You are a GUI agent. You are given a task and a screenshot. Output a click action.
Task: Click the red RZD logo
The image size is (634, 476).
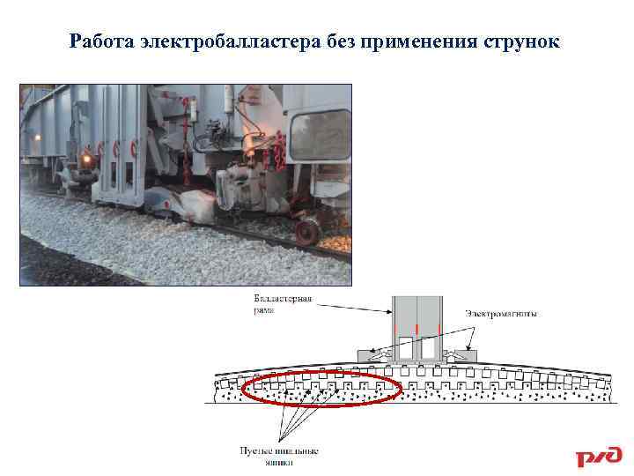tap(599, 457)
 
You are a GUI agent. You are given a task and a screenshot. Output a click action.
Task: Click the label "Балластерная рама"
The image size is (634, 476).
tap(282, 304)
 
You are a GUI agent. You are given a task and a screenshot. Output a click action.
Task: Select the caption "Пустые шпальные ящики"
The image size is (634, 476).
tap(279, 456)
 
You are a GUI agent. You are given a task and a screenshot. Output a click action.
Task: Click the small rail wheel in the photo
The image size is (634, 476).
tap(306, 232)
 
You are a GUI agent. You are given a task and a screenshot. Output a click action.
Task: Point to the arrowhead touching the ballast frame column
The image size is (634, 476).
tap(392, 313)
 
